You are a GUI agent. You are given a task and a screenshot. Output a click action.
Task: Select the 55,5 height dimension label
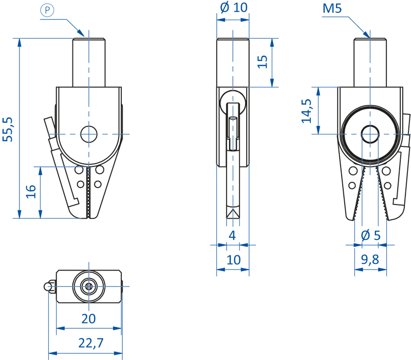(x=9, y=129)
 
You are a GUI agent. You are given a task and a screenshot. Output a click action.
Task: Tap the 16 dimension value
(x=31, y=191)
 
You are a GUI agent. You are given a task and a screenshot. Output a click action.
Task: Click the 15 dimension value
(x=263, y=62)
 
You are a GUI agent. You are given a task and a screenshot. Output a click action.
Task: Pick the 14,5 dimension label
(x=307, y=110)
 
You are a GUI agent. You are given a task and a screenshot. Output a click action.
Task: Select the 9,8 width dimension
(x=370, y=260)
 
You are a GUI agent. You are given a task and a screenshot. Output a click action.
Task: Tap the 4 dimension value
(x=233, y=236)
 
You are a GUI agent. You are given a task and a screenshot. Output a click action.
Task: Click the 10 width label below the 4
(x=233, y=260)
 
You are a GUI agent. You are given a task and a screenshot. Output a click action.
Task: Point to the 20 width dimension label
(x=88, y=319)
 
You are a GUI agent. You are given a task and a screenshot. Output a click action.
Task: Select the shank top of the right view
(x=370, y=40)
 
